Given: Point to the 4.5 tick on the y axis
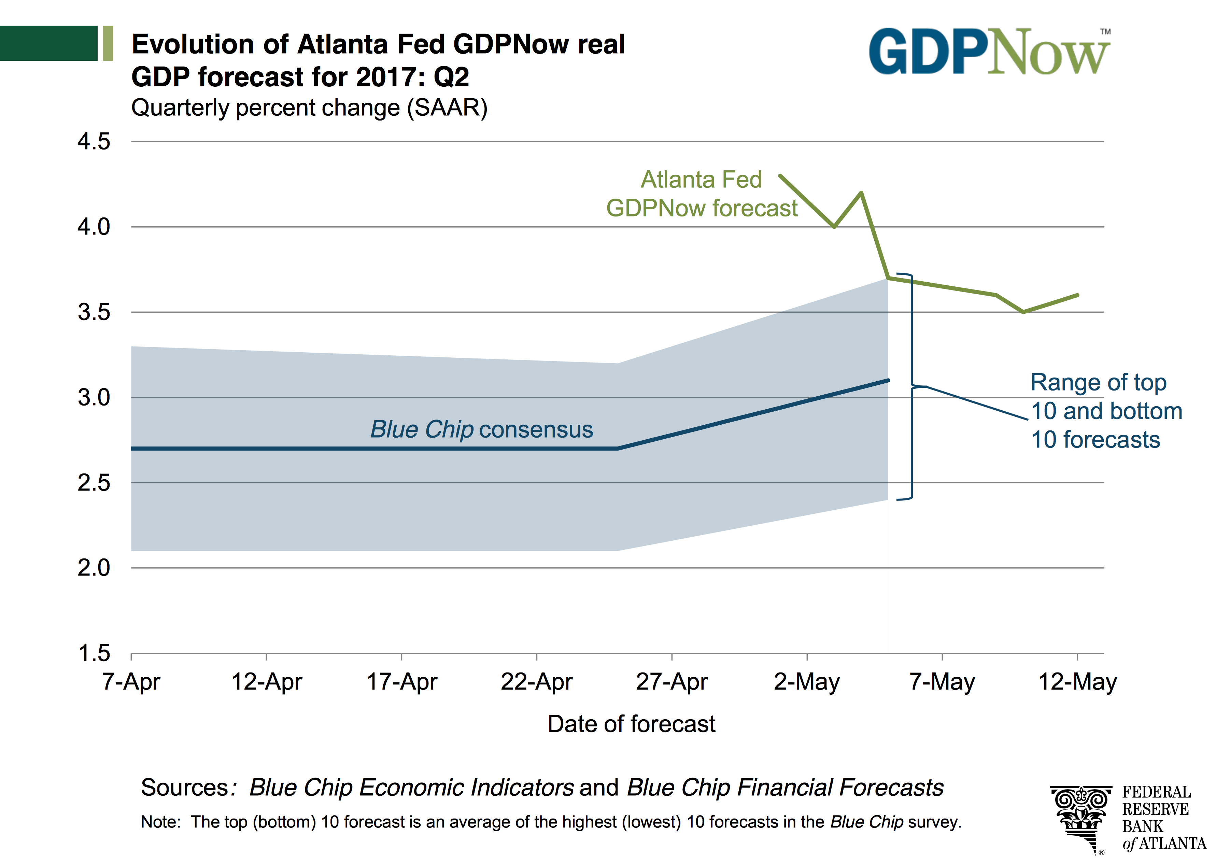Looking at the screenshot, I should (94, 142).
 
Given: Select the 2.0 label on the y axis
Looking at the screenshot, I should (94, 568).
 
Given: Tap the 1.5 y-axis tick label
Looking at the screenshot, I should (94, 653).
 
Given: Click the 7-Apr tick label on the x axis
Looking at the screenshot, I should (131, 681).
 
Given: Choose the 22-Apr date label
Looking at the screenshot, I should (536, 681).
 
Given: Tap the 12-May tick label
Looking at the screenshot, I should (1077, 681).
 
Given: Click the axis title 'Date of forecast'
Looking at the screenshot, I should (631, 724).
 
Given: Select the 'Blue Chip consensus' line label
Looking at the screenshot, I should (481, 429).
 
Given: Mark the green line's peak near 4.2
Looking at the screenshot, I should (861, 193).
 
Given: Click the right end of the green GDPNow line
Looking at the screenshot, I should (1077, 295).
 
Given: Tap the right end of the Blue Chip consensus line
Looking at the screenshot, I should (888, 380).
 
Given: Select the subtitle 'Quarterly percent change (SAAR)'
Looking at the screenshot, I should (309, 108).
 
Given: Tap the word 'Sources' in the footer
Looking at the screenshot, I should (185, 787).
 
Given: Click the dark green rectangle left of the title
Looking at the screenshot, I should (48, 43).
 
